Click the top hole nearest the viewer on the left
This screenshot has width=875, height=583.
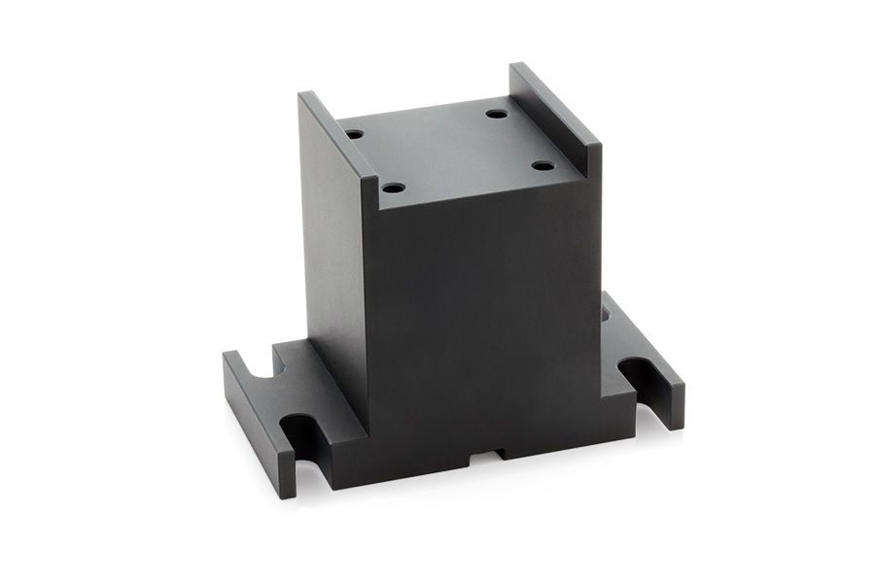393,187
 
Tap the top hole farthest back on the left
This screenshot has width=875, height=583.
355,134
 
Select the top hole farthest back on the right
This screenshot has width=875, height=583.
497,114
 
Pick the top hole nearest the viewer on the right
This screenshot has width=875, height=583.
542,165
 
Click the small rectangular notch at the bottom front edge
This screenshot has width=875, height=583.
486,454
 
